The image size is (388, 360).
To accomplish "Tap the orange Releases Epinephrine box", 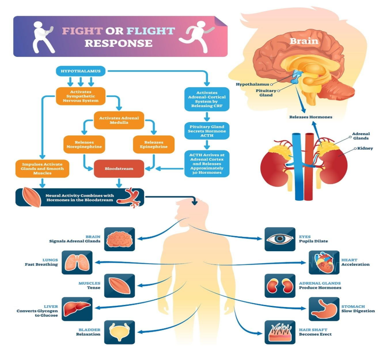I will point(153,144).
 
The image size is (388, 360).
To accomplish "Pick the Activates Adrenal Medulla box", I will point(119,121).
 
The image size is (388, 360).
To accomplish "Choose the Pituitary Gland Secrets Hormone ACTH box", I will point(207,131).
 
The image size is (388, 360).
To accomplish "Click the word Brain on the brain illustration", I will point(304,41).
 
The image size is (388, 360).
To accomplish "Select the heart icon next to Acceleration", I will point(324,262).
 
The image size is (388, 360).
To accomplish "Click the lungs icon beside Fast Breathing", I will point(77,262).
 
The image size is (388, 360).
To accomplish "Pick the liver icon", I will point(77,309).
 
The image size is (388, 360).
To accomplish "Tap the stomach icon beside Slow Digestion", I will point(324,309).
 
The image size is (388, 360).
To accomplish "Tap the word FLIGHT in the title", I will point(151,31).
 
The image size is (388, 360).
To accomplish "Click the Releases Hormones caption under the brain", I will point(311,117).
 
